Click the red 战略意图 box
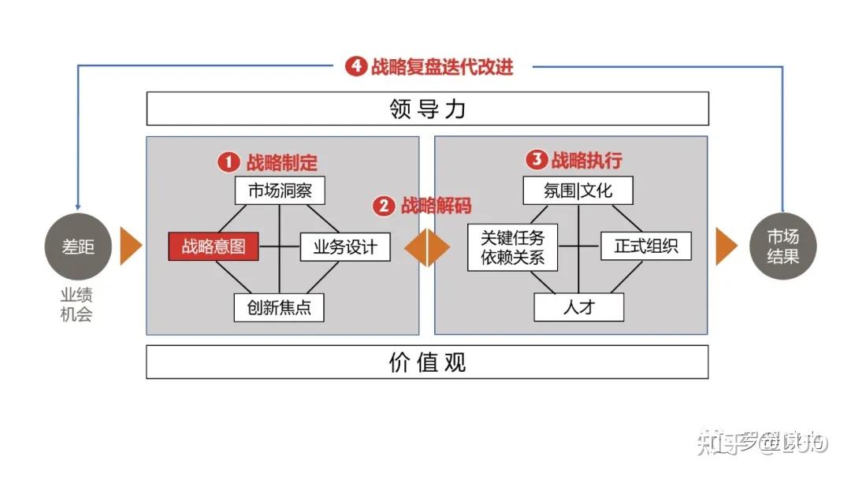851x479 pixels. pyautogui.click(x=214, y=247)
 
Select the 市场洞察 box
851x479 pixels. pyautogui.click(x=280, y=191)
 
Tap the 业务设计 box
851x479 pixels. pyautogui.click(x=345, y=247)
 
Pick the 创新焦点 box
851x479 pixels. pyautogui.click(x=279, y=307)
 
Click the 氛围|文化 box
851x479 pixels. pyautogui.click(x=578, y=191)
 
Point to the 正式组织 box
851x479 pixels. pyautogui.click(x=646, y=247)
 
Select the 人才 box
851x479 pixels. pyautogui.click(x=578, y=307)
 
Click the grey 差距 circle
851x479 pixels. pyautogui.click(x=78, y=246)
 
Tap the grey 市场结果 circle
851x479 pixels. pyautogui.click(x=782, y=246)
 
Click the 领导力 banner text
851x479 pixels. pyautogui.click(x=427, y=109)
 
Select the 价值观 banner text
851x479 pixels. pyautogui.click(x=427, y=362)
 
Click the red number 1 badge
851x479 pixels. pyautogui.click(x=229, y=162)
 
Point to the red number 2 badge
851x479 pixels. pyautogui.click(x=384, y=206)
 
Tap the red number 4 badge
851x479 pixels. pyautogui.click(x=356, y=67)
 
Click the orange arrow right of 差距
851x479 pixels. pyautogui.click(x=130, y=246)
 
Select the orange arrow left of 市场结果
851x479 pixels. pyautogui.click(x=726, y=246)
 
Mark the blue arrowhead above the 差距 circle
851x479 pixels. pyautogui.click(x=78, y=204)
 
